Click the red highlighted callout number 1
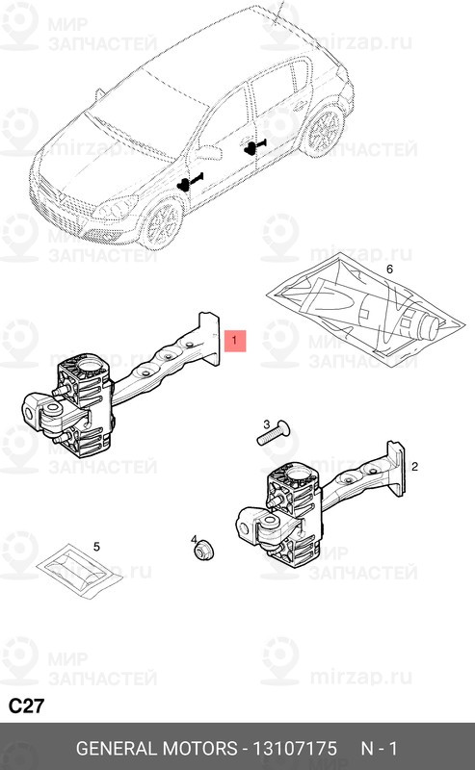[x=234, y=341]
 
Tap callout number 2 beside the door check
[x=414, y=466]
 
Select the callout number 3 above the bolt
[x=267, y=424]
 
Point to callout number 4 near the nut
[x=195, y=540]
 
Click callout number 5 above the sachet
[x=96, y=547]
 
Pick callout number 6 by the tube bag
[x=390, y=269]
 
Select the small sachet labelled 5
[x=80, y=571]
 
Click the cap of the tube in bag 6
[x=431, y=325]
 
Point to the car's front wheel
[x=162, y=224]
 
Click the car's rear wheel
[x=325, y=131]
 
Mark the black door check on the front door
[x=189, y=182]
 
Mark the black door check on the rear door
[x=254, y=146]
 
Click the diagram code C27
[x=27, y=706]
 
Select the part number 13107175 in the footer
[x=295, y=749]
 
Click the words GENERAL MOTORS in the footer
[x=156, y=749]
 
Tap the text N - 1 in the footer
[x=379, y=749]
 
